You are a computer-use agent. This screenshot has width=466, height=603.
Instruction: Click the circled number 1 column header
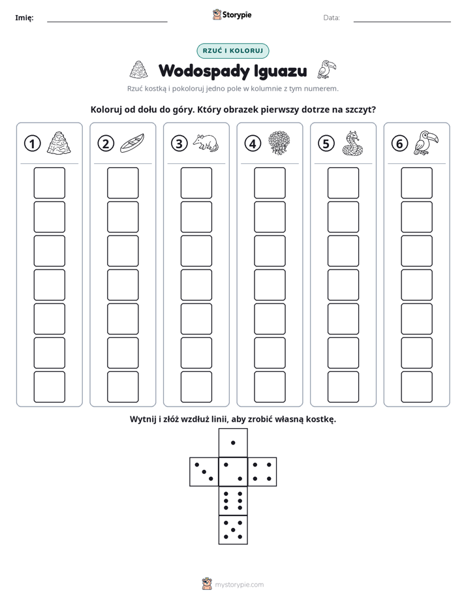pos(32,144)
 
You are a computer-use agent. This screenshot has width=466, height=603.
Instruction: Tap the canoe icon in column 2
pos(132,144)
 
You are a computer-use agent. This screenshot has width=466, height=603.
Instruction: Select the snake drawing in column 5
pos(352,144)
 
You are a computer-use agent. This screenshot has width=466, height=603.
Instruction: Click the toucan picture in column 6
pos(426,143)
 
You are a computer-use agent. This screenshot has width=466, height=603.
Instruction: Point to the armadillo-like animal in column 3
pos(206,143)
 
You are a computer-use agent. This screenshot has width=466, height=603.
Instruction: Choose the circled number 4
pos(253,144)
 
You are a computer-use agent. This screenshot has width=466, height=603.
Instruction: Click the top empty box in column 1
pos(49,183)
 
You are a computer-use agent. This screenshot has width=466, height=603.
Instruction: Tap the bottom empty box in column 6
pos(416,386)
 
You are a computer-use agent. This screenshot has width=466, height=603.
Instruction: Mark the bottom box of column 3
pos(196,386)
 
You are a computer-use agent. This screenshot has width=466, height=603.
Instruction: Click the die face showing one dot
pos(233,443)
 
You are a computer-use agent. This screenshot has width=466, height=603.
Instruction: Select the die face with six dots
pos(233,501)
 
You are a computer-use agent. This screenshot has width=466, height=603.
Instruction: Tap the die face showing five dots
pos(233,529)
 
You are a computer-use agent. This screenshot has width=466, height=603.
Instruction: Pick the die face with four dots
pos(262,472)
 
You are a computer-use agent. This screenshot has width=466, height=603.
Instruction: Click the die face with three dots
pos(204,472)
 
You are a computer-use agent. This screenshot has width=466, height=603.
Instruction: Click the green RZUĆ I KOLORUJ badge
pos(232,51)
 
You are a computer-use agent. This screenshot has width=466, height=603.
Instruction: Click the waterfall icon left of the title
pos(138,70)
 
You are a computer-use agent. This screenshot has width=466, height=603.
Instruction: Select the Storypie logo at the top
pos(232,14)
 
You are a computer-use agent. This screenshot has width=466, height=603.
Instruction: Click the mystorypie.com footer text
pos(239,585)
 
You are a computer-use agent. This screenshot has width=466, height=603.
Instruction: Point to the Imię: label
pos(24,18)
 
